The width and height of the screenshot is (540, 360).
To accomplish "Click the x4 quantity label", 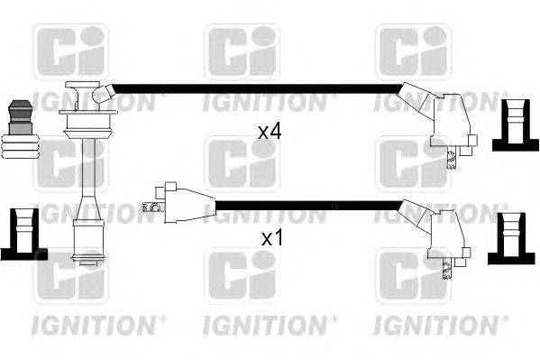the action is tap(270, 132).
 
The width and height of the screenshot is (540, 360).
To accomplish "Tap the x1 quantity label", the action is tap(271, 239).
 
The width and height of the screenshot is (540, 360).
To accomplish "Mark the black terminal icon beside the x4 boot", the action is tap(512, 123).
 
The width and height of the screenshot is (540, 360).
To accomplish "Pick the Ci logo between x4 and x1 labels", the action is tap(242, 163).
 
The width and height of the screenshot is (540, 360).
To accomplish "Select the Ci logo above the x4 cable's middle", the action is tap(242, 51).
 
